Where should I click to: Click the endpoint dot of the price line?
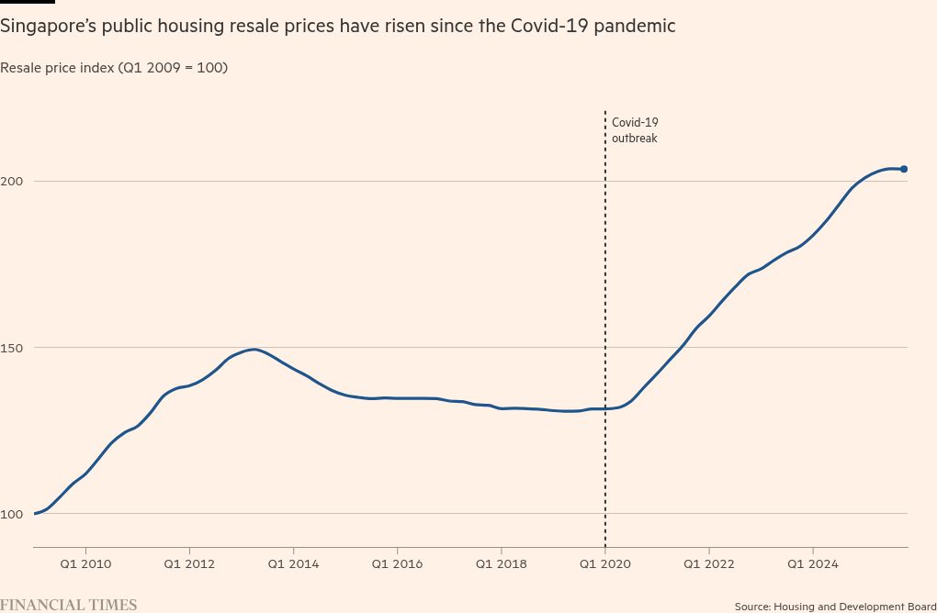[904, 169]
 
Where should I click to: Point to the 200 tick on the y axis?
[12, 181]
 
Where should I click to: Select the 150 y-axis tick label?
[12, 347]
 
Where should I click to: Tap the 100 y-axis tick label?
[12, 513]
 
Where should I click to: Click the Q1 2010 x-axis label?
[85, 564]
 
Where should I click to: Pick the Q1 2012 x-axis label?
[189, 564]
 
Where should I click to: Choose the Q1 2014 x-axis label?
[293, 564]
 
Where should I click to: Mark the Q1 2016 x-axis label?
[397, 564]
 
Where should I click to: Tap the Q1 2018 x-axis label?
[501, 564]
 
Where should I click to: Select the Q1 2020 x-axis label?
[604, 564]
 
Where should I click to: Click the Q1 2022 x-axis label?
[708, 564]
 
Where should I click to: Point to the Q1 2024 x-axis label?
[812, 564]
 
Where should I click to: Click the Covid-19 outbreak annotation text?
[635, 130]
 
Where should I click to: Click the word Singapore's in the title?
[44, 27]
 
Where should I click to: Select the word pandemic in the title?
[636, 27]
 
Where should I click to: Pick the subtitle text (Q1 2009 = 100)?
[174, 68]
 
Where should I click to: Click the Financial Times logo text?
[69, 605]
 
